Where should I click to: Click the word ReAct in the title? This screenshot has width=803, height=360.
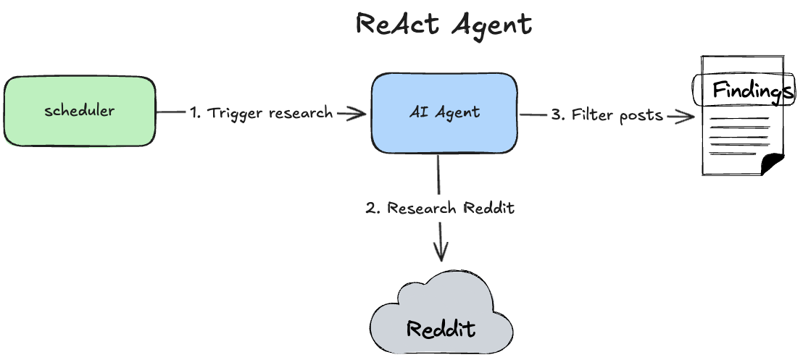point(398,25)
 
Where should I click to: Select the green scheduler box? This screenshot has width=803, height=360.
point(80,112)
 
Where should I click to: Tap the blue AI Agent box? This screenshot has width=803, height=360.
point(444,112)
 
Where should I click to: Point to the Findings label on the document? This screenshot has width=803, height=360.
point(748,91)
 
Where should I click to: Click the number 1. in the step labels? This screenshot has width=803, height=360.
point(196,113)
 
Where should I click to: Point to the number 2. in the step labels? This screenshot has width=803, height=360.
point(373,209)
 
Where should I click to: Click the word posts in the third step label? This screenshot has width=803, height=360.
point(641,115)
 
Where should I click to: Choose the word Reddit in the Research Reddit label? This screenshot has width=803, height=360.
point(488,209)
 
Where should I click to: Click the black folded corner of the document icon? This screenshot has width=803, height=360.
point(773,164)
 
